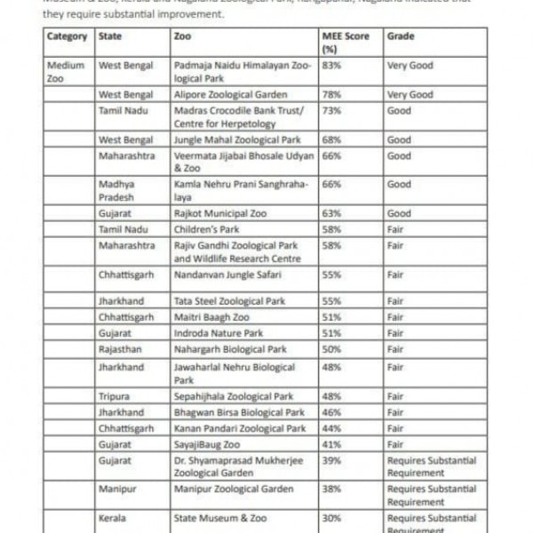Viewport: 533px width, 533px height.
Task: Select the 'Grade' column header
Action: [401, 36]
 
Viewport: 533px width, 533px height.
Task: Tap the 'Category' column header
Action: [67, 36]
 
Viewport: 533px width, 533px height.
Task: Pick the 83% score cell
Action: [332, 66]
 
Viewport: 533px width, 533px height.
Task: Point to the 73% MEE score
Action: [331, 111]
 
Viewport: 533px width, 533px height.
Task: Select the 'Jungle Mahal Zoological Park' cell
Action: [236, 139]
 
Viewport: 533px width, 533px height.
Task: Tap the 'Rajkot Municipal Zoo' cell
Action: [219, 214]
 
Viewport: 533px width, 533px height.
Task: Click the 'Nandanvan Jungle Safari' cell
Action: [227, 274]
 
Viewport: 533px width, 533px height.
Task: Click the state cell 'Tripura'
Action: [115, 396]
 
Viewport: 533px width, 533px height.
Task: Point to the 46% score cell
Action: [331, 412]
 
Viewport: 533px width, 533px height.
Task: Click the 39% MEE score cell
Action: [331, 460]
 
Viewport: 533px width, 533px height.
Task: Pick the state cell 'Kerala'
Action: [112, 517]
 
